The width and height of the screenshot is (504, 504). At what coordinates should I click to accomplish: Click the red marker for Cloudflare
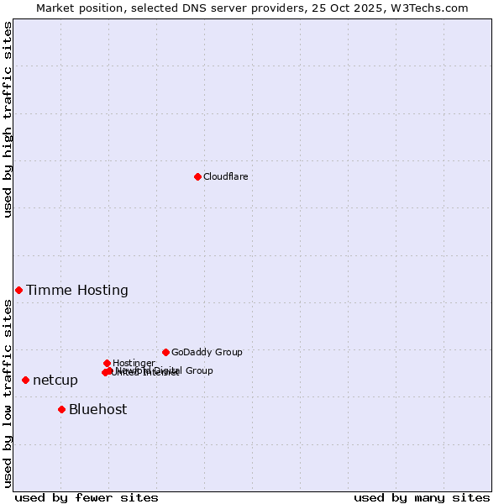click(197, 176)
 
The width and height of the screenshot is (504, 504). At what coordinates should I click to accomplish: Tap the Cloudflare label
click(225, 176)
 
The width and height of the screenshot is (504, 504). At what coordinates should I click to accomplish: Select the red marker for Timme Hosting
click(18, 290)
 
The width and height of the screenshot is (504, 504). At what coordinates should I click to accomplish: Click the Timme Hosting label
click(77, 291)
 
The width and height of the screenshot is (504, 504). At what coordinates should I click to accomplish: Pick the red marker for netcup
click(25, 380)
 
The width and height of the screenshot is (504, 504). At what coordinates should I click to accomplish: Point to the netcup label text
click(55, 381)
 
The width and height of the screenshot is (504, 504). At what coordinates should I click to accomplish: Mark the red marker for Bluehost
click(61, 409)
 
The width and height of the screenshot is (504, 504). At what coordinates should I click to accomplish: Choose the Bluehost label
click(98, 410)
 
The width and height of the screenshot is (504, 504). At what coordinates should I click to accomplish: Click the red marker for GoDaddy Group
click(165, 352)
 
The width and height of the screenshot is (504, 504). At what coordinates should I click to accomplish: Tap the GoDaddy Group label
click(207, 353)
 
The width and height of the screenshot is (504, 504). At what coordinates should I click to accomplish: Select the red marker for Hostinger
click(107, 363)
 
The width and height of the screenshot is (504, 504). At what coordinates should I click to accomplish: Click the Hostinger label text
click(134, 363)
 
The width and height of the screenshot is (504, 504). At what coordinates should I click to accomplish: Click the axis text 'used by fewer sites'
click(87, 497)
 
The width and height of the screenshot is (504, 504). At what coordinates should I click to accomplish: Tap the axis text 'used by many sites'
click(422, 497)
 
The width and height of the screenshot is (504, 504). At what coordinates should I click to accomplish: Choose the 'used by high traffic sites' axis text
click(8, 119)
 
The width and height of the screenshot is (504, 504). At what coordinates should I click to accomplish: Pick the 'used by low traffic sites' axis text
click(8, 393)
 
